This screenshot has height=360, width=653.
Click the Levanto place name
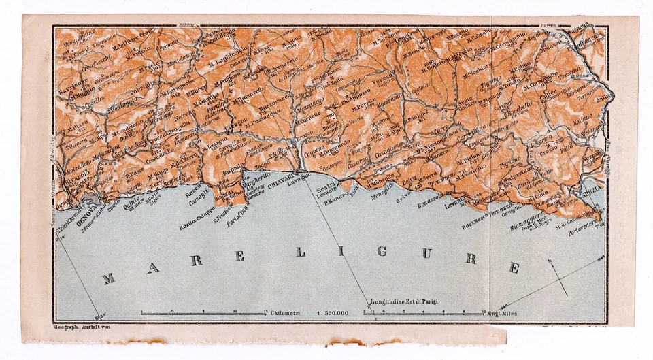[456, 202]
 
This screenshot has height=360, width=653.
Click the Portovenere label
[584, 229]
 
